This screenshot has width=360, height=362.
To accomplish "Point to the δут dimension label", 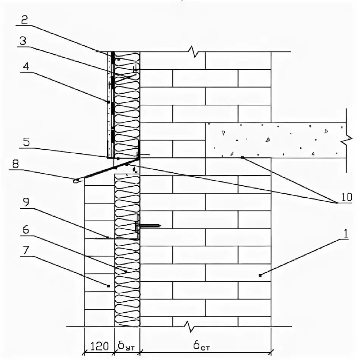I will (127, 346).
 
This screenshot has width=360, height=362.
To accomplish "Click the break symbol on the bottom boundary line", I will (188, 326).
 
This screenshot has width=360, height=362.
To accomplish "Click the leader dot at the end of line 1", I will (260, 275).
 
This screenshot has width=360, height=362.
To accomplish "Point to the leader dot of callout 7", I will (109, 286).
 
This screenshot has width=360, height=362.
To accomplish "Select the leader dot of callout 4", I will (109, 102).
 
